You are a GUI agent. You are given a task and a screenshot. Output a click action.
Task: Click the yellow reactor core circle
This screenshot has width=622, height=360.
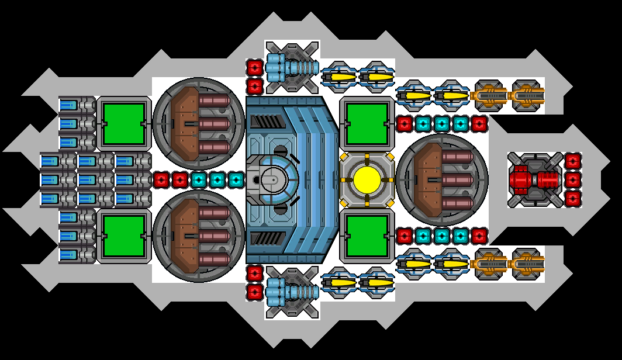coord(367,179)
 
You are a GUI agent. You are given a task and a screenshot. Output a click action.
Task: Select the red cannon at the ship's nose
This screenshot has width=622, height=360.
coord(534,179)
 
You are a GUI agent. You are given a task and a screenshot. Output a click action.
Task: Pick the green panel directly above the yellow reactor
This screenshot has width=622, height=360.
coord(367,123)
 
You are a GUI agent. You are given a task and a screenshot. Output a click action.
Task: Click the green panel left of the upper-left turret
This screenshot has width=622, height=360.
coord(124,123)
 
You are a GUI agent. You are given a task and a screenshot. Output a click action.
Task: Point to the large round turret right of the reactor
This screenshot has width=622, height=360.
coord(442,179)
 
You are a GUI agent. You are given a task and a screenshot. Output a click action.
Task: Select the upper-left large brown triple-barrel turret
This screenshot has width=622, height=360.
coord(199,123)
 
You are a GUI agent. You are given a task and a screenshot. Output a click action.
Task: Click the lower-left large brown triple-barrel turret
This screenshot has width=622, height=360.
coord(199,236)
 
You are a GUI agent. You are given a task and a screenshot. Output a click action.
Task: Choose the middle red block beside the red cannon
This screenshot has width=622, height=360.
coord(573,179)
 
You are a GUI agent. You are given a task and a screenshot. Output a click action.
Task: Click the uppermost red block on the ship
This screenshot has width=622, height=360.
coord(254,67)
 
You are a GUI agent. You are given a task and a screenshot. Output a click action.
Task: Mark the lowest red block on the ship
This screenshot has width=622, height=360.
coord(254,292)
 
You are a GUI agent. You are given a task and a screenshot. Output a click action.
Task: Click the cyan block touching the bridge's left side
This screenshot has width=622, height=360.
coord(236,179)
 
